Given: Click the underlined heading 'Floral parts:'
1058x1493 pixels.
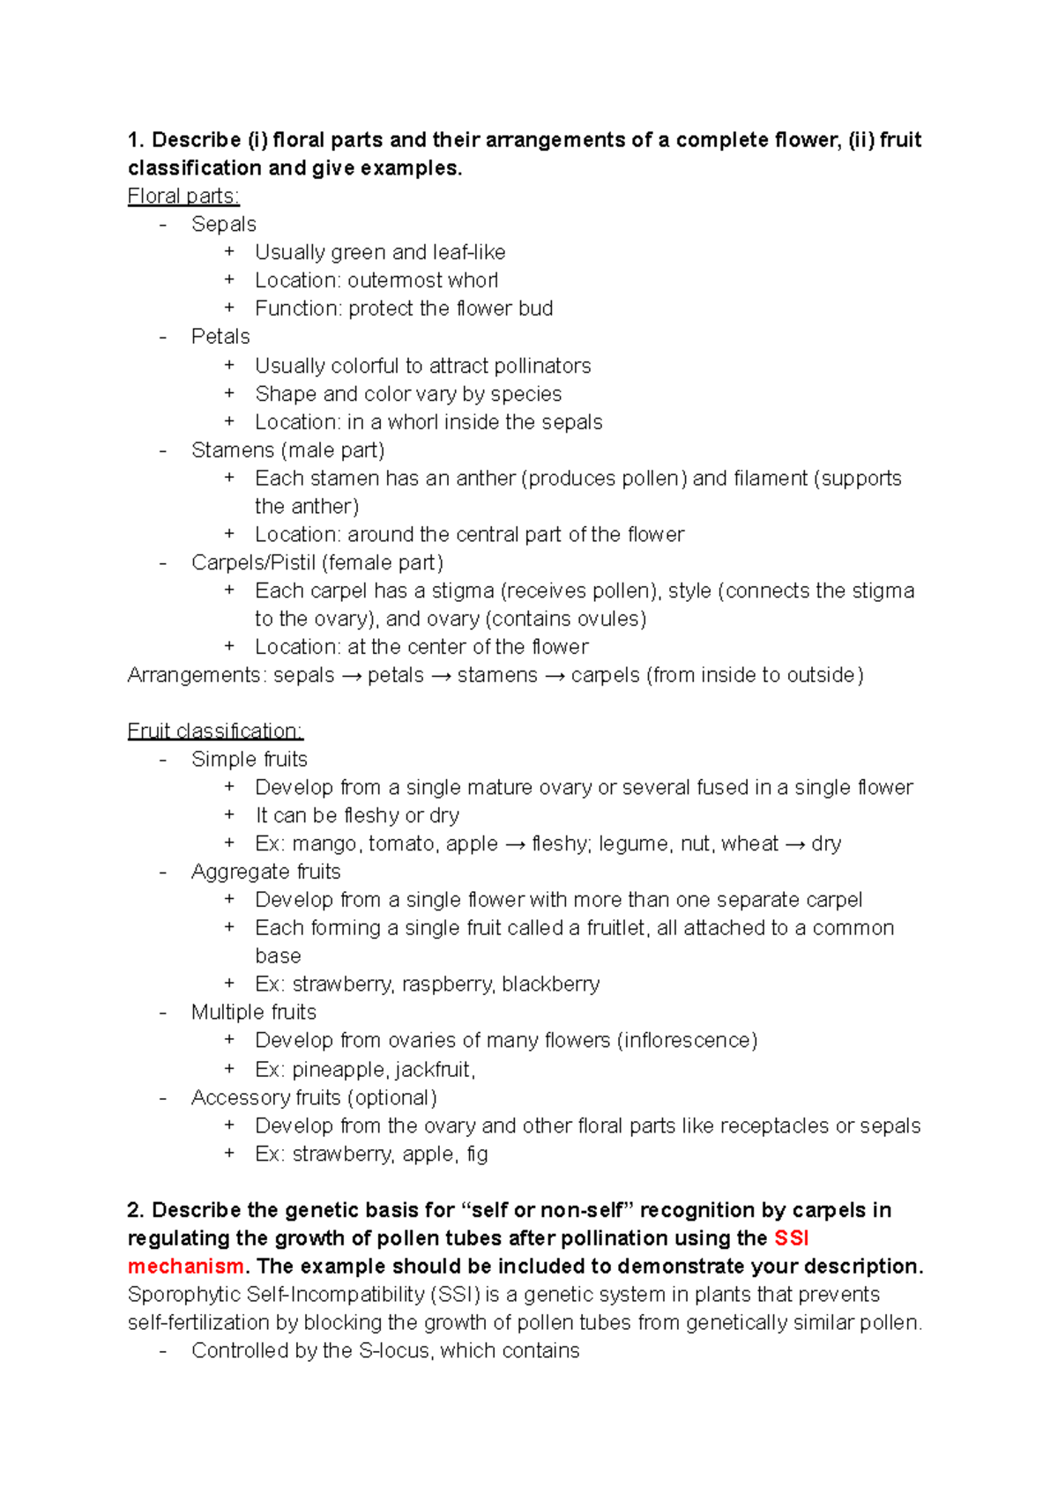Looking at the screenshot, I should (x=183, y=196).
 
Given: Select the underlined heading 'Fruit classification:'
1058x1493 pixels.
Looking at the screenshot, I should (x=215, y=731).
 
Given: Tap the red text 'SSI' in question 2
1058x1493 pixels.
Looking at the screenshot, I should (x=791, y=1238).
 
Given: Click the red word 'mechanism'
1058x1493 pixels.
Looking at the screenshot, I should (x=185, y=1266).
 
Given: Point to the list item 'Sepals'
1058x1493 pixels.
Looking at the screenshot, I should (x=224, y=224).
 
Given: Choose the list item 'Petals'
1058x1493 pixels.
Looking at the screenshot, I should (x=220, y=337).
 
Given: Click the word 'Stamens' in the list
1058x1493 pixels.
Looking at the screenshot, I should (x=232, y=450).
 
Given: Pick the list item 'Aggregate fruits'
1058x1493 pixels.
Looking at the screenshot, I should (x=265, y=872).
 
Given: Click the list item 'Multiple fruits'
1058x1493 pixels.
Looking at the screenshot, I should (x=254, y=1012).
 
